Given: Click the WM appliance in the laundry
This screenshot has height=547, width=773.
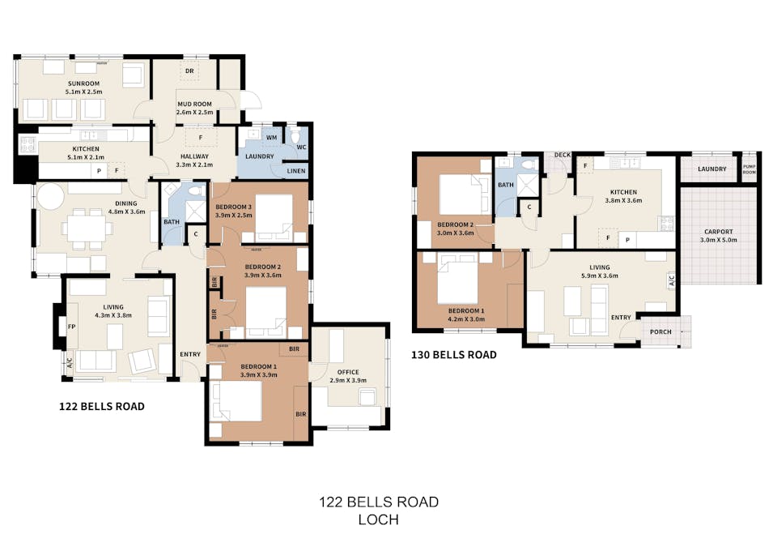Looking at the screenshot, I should pos(271,139).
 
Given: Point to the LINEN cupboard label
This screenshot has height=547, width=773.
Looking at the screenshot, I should pos(296,171).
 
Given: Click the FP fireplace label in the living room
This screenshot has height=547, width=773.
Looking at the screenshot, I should pos(71,327).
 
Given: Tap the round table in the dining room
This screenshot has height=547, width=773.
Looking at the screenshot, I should pos(51,197).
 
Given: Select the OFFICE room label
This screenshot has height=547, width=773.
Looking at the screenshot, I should pos(348,372).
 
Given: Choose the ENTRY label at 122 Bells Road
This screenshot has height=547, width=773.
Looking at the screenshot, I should pos(190,354).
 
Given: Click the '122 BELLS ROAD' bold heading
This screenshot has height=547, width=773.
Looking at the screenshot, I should pos(102,406).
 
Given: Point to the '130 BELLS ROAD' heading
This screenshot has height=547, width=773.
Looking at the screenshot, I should pos(454,355).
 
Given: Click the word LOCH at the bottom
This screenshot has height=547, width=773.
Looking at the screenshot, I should pos(378,519).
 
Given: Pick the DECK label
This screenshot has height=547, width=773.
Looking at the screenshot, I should pos(562,156).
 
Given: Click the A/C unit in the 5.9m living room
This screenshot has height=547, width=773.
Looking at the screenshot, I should pos(671,282).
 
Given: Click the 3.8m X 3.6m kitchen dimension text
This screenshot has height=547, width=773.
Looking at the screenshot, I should pos(623,199).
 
